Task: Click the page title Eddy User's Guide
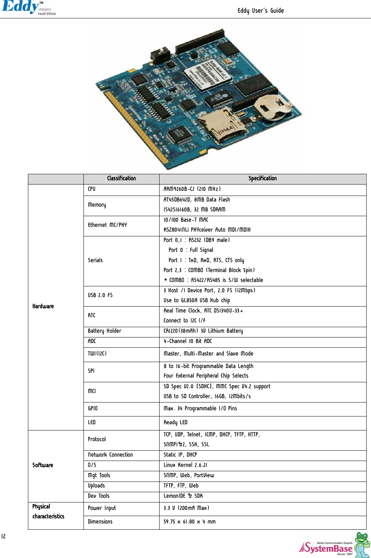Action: click(260, 11)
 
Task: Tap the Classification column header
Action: click(121, 179)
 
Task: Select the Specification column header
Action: click(263, 179)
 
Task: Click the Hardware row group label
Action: click(43, 306)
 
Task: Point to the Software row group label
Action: click(43, 465)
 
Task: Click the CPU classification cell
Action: click(92, 189)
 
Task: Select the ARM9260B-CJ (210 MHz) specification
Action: click(192, 189)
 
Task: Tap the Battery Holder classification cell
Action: click(104, 331)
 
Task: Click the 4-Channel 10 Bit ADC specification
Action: click(188, 341)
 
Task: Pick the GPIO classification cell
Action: click(93, 408)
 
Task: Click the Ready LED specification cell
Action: click(175, 422)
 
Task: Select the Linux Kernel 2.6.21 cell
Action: click(185, 465)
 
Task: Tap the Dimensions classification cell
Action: click(100, 522)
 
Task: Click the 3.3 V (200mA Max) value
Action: click(186, 508)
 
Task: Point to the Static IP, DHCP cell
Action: click(180, 455)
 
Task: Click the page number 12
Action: click(3, 536)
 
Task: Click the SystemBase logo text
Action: click(327, 548)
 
